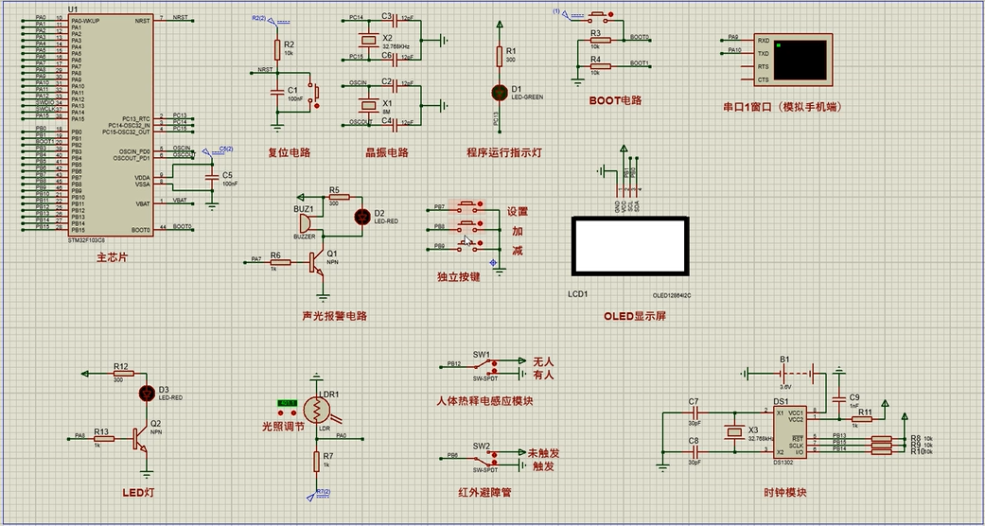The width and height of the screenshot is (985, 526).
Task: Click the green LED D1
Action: click(501, 92)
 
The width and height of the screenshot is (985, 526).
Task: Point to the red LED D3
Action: click(147, 392)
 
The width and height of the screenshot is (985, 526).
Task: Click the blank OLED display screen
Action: click(629, 246)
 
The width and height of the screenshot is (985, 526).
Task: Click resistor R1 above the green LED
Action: click(501, 58)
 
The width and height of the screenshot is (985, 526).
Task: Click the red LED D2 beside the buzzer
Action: click(361, 216)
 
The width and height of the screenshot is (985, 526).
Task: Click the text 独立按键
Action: click(458, 276)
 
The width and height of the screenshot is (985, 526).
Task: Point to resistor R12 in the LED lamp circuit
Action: click(120, 374)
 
